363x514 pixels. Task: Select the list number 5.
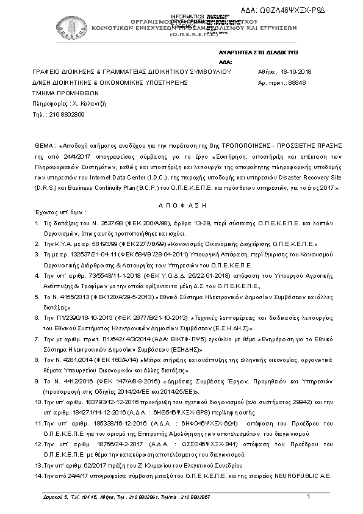(37, 295)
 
